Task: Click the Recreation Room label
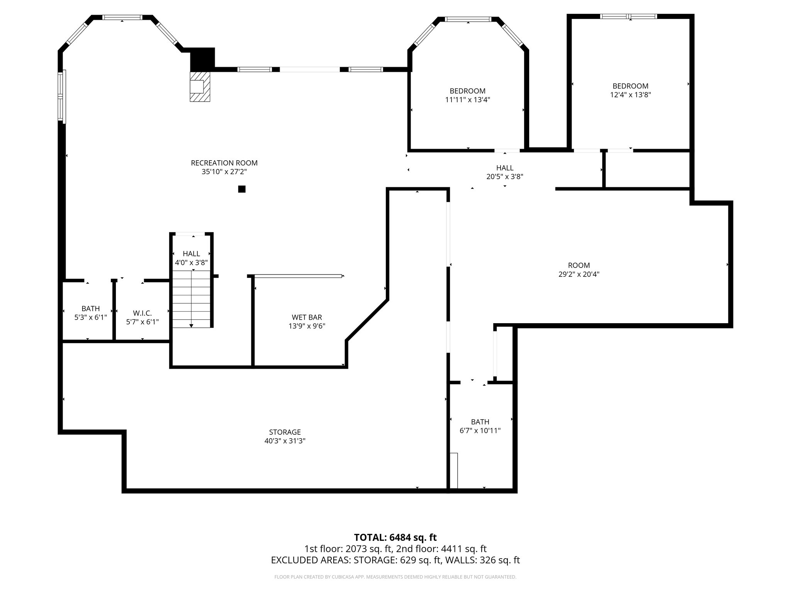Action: point(224,163)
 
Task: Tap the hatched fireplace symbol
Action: point(200,87)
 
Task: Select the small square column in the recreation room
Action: point(242,189)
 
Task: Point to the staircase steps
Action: point(192,299)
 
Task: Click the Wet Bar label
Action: point(307,317)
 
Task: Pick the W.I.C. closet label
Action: point(142,313)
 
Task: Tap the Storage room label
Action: point(285,432)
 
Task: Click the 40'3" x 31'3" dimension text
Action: point(285,441)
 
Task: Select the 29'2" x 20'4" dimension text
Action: point(579,274)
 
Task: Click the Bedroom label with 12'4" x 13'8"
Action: point(630,86)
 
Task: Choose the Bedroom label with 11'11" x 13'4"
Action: point(467,91)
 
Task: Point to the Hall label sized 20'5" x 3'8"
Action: point(505,168)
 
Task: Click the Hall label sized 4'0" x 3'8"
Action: point(191,254)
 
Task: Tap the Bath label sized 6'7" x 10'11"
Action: point(480,422)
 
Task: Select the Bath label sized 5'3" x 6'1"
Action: point(91,308)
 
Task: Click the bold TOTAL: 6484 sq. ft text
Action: point(395,537)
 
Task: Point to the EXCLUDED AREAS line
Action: point(395,560)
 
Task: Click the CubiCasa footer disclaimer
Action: point(395,577)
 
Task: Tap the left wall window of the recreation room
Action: point(62,97)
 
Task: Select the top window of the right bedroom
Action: point(628,16)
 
